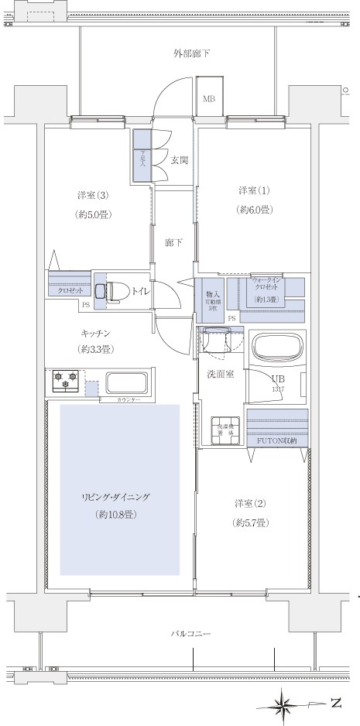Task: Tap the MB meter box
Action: point(209,99)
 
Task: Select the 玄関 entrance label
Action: point(180,160)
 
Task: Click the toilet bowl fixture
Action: point(115,291)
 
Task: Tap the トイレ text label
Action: point(141,292)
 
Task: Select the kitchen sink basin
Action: point(126,382)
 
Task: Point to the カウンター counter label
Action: point(129,399)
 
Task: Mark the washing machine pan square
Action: point(227,430)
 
